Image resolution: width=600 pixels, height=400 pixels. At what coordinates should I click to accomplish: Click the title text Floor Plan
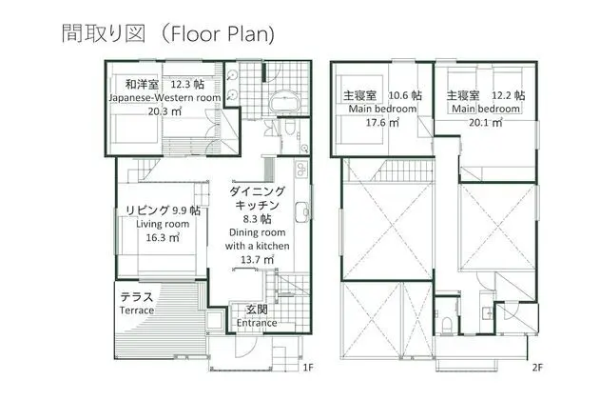point(222,33)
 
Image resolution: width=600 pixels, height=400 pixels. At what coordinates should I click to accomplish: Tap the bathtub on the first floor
point(283,101)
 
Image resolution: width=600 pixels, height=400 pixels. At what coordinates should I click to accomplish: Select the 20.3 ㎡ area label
point(165,111)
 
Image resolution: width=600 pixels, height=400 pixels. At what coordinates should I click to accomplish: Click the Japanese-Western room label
point(165,98)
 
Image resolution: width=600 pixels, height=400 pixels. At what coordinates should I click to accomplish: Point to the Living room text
point(163,224)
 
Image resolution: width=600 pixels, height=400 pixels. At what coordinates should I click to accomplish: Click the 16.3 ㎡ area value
point(163,237)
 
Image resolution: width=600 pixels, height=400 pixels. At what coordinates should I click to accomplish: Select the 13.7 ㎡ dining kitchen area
point(257,259)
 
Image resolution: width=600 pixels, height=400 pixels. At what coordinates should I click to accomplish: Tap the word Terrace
point(137,310)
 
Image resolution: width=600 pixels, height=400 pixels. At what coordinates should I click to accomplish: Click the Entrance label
point(257,323)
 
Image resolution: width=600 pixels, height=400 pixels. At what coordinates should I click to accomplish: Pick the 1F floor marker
point(308,368)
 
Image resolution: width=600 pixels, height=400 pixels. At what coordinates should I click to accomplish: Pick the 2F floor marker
point(537,368)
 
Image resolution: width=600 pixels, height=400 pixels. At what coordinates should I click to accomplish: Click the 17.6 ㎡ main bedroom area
point(382,123)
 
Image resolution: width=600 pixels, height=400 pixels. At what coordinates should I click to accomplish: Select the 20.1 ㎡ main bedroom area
point(486,123)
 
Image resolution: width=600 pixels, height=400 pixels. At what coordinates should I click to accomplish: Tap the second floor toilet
point(447,325)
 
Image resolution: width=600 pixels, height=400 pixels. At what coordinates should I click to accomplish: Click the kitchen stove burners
point(301,169)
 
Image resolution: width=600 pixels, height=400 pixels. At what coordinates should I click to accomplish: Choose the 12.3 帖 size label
point(187,85)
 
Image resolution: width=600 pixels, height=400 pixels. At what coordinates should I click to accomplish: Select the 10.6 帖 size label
point(405,95)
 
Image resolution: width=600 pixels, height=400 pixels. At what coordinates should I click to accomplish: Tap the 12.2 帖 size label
point(508,95)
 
